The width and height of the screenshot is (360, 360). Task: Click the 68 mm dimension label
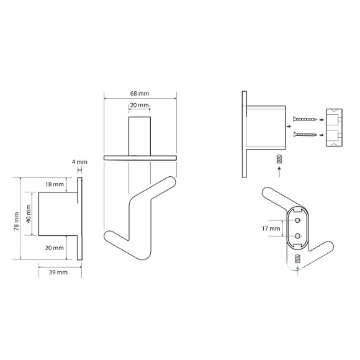click(140, 94)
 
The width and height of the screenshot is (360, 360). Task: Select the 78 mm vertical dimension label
click(17, 222)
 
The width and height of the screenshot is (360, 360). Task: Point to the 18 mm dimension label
click(55, 184)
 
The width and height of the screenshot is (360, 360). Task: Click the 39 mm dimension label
click(58, 272)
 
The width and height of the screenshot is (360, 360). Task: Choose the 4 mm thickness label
click(79, 162)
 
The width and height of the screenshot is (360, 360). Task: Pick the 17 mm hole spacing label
click(271, 228)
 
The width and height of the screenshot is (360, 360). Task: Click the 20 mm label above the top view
click(140, 105)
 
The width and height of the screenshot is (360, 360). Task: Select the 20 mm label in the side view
click(55, 248)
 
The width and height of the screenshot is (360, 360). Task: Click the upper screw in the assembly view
click(305, 119)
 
